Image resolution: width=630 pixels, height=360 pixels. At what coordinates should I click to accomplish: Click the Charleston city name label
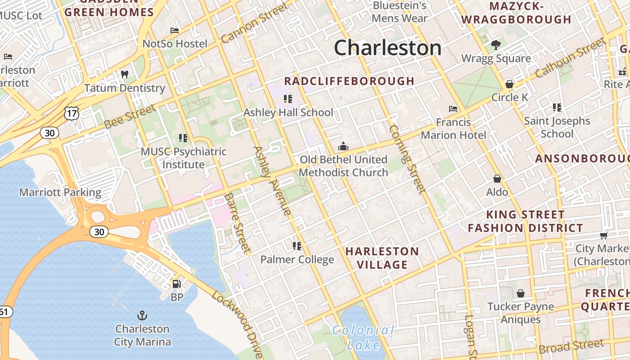click(387, 48)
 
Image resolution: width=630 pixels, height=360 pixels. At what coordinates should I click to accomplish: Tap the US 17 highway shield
click(72, 113)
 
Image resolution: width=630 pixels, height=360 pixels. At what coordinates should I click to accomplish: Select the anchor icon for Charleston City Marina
click(142, 315)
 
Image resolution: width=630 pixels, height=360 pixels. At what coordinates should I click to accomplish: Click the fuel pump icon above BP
click(177, 284)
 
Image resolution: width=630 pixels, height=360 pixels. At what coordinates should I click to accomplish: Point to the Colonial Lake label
click(364, 337)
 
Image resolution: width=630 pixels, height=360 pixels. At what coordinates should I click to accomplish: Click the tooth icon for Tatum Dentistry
click(125, 74)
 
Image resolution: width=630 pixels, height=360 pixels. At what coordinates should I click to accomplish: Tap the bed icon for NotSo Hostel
click(175, 31)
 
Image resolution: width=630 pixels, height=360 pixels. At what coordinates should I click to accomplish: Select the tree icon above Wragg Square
click(496, 45)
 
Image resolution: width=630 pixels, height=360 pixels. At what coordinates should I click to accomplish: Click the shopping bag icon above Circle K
click(509, 84)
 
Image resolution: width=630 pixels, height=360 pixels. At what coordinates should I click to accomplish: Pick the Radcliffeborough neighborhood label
click(349, 81)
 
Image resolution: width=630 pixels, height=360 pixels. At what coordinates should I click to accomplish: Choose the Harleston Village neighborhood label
click(382, 258)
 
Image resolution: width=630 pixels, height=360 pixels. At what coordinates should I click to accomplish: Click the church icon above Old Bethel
click(343, 146)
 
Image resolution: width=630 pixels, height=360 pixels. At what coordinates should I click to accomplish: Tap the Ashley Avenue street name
click(272, 180)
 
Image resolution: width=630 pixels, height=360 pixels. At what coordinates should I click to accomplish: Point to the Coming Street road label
click(407, 159)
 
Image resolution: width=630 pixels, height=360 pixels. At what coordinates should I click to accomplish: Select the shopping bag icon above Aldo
click(497, 179)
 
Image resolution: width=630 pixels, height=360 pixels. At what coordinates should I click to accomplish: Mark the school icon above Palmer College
click(297, 246)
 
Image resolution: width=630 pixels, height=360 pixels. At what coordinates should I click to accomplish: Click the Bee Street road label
click(130, 116)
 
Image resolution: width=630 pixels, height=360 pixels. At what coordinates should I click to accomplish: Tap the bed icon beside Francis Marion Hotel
click(453, 109)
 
